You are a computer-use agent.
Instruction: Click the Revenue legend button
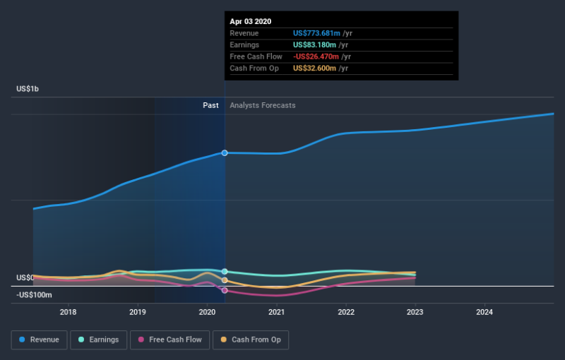pos(40,340)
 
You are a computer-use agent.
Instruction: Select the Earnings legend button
pos(99,340)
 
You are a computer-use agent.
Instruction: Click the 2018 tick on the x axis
pos(69,312)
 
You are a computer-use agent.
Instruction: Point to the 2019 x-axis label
pos(138,312)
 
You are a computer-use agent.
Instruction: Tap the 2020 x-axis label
pos(207,312)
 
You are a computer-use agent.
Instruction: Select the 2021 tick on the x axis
pos(276,312)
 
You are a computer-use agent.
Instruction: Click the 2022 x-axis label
pos(346,312)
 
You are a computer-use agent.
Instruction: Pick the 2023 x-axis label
pos(415,312)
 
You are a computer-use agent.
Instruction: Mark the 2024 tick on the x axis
pos(484,312)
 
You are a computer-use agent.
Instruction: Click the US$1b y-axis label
pos(28,89)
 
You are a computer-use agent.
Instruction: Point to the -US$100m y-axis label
pos(34,294)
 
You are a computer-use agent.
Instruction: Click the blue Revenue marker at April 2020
pos(225,152)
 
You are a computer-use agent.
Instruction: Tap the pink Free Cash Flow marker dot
pos(225,290)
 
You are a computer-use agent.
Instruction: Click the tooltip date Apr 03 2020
pos(251,22)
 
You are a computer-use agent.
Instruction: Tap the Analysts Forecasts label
pos(263,105)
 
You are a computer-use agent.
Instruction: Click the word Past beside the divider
pos(210,105)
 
